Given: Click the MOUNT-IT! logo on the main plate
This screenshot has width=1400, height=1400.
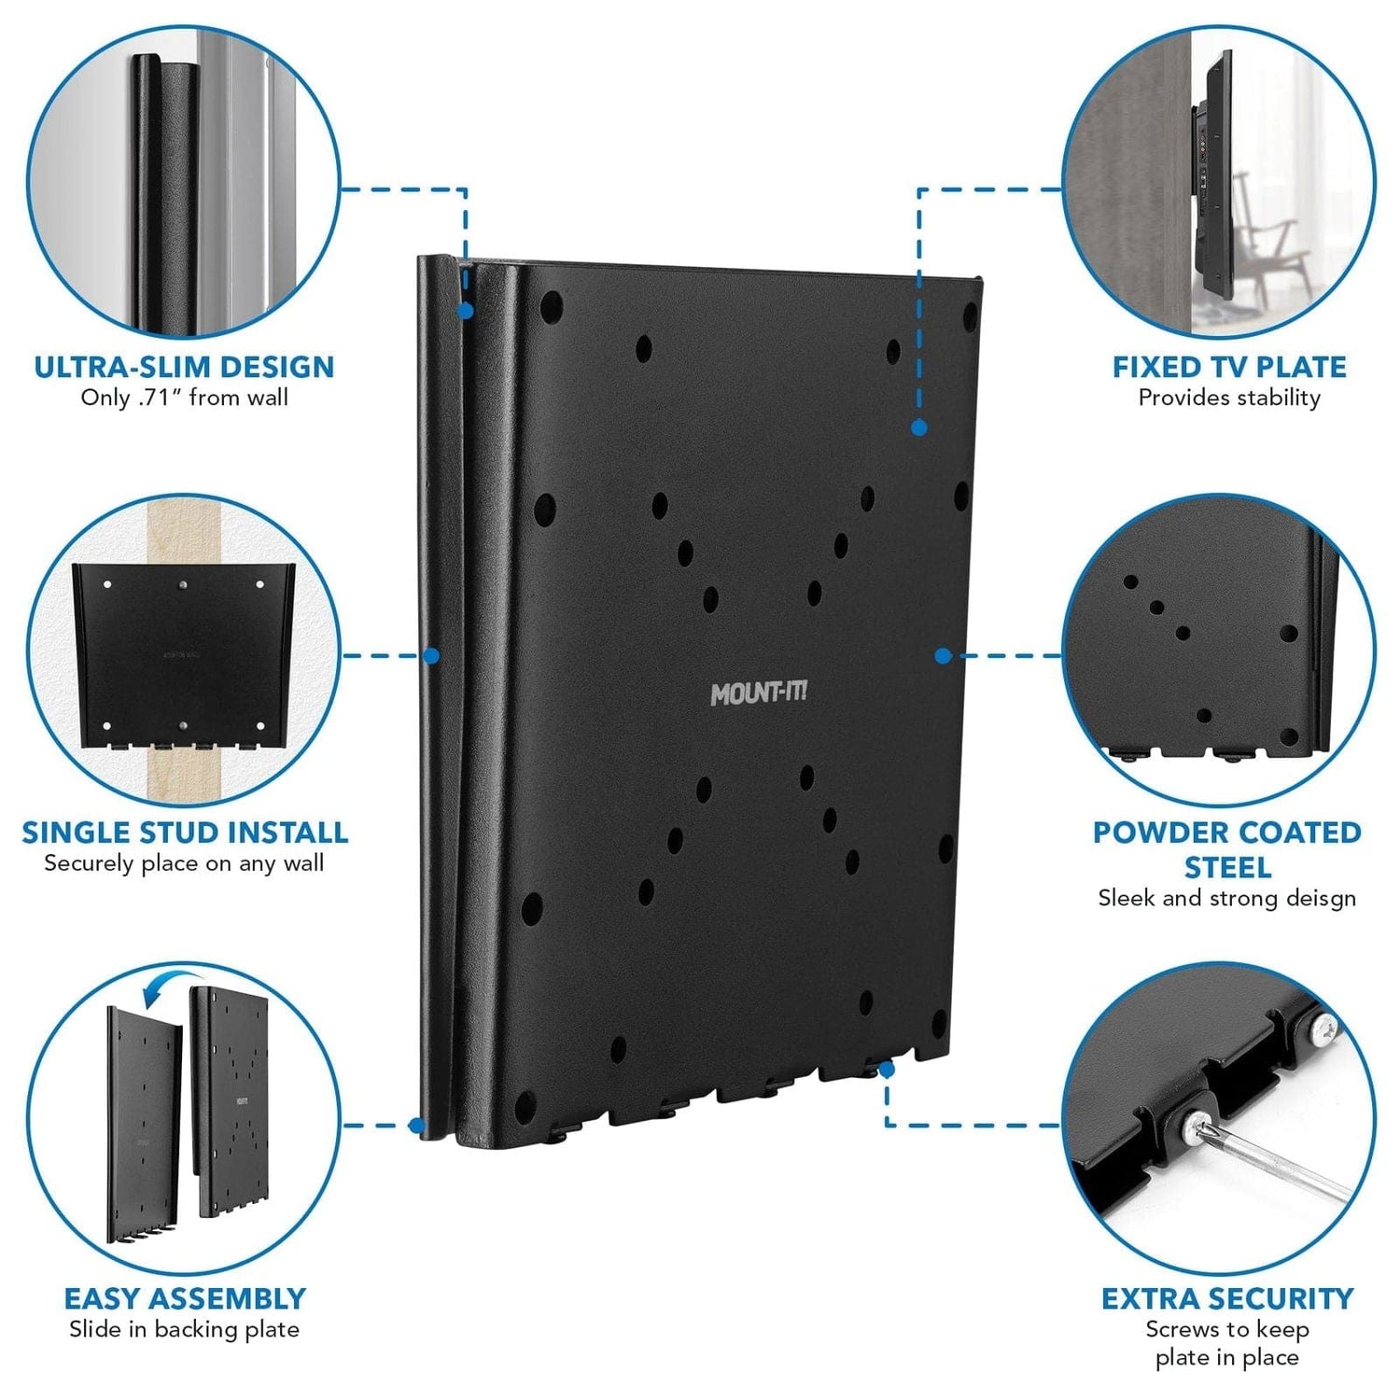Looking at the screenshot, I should pos(758,693).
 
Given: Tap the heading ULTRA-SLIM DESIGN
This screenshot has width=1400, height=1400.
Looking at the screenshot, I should pos(184,367).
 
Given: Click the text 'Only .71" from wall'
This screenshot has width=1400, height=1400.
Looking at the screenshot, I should pos(184,398).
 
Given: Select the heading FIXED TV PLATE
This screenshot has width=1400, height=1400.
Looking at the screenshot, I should pos(1228,367).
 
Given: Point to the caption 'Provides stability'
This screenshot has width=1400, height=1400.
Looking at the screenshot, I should pos(1228,398).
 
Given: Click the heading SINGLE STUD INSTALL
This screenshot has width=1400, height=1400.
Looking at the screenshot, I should pos(185,833).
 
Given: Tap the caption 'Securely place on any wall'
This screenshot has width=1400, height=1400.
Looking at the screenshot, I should pos(184,863).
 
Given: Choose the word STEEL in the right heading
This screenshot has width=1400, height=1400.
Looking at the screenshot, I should pos(1227,868).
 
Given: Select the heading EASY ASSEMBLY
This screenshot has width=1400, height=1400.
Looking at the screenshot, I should pos(184,1298).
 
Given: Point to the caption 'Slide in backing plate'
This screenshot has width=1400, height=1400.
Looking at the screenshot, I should pos(184,1329).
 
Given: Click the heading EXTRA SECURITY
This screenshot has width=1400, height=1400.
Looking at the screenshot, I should pos(1227,1298).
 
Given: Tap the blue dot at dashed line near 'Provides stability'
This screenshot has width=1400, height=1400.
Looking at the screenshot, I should pos(919,427).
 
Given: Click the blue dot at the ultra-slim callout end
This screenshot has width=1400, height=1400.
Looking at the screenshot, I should pos(465,312).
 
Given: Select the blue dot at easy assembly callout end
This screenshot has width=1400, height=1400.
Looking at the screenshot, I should pos(417,1126).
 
